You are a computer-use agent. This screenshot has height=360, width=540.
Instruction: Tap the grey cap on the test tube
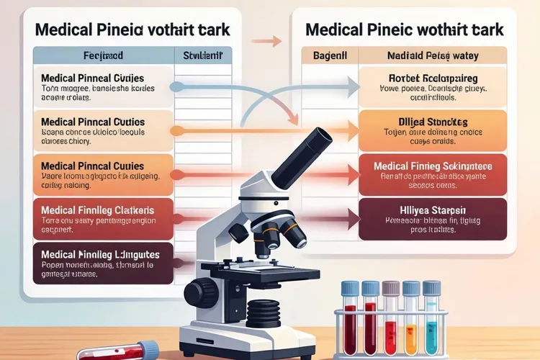point(391,288)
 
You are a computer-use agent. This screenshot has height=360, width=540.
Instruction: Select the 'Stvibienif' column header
point(203,53)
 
